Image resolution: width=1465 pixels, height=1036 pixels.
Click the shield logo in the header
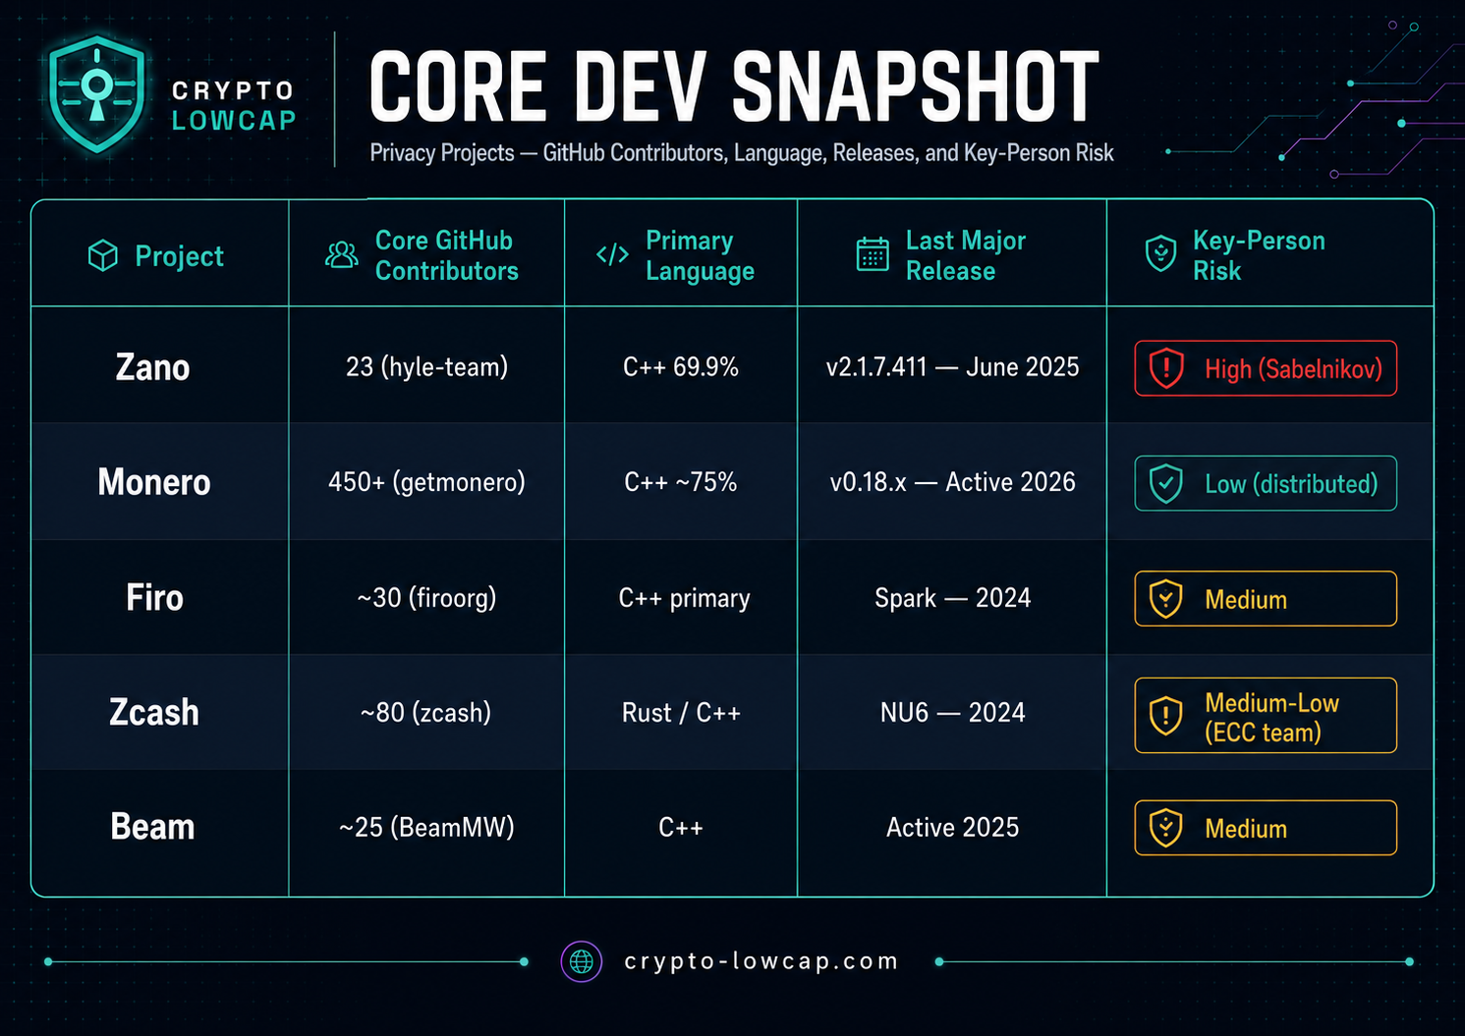97,94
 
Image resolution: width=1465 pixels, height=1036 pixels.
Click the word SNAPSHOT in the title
915,86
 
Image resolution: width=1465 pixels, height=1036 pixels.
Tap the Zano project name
153,367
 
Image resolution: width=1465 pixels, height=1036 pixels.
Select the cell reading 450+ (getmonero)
426,482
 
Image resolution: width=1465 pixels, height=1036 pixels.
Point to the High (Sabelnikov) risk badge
1266,368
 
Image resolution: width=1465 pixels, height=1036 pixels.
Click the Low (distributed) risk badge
1266,483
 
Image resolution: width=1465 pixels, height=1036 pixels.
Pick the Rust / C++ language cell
681,713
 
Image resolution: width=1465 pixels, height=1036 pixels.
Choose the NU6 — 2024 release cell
952,713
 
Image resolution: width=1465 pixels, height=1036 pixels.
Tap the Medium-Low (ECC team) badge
1266,716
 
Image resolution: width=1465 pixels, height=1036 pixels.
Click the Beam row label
153,827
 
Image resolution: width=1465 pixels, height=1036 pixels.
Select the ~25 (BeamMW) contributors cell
426,828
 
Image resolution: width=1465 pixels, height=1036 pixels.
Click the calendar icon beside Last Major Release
873,254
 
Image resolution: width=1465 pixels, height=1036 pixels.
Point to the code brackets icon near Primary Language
612,254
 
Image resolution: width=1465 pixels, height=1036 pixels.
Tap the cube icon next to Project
103,255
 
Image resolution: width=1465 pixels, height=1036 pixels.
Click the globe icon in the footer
581,961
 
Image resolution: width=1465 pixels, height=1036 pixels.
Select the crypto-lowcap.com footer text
761,961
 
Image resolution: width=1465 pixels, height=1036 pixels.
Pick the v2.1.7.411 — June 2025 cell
952,367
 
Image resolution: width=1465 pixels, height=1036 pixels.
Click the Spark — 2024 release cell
952,598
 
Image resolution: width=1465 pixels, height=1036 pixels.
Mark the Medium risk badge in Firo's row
1266,599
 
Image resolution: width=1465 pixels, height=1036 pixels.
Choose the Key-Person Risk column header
1235,255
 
